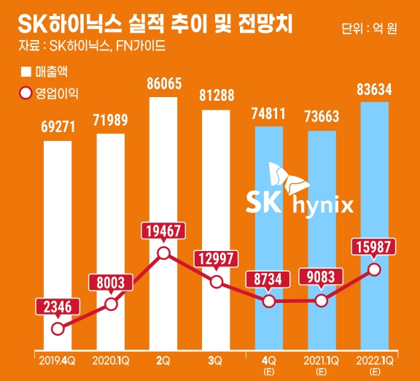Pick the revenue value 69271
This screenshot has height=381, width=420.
58,128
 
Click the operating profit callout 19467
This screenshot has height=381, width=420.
164,231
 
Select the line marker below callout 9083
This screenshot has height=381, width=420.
322,300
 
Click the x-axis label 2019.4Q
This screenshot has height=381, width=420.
58,359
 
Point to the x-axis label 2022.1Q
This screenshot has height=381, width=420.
375,359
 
